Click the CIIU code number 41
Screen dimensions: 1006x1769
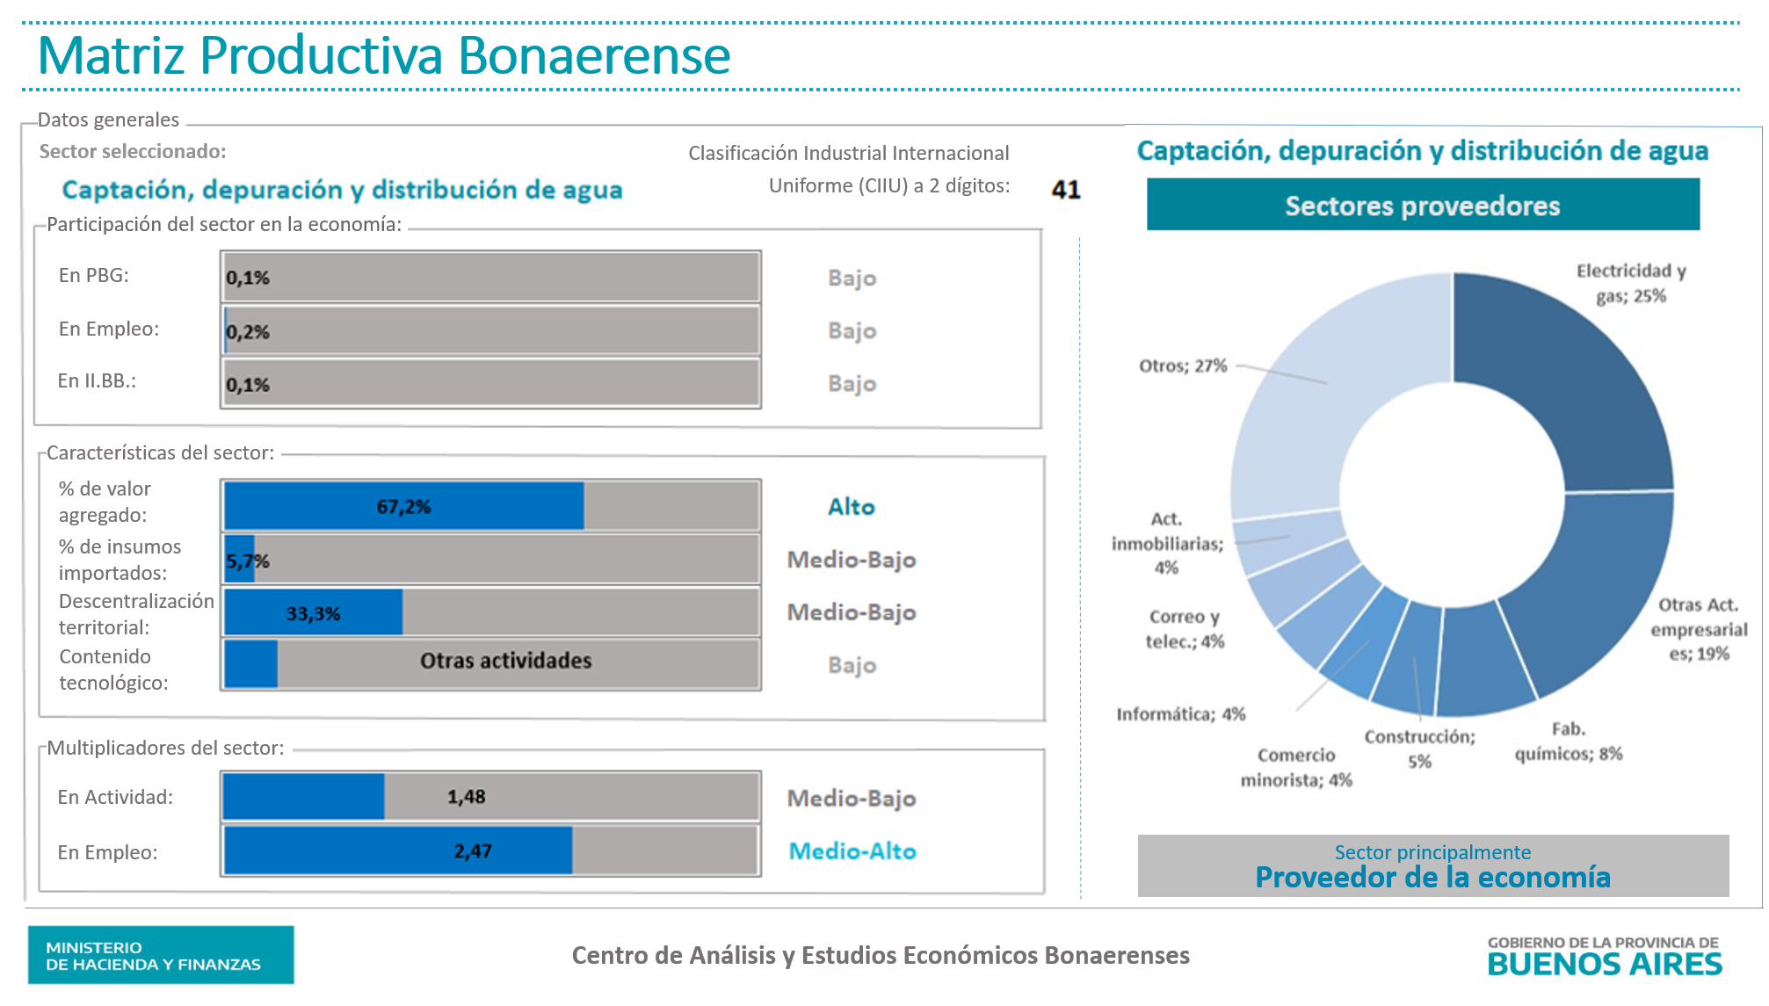[x=1065, y=189]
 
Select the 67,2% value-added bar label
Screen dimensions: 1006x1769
[x=403, y=507]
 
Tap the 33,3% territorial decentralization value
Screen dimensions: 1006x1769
[x=313, y=613]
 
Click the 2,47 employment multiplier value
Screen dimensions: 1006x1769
[x=473, y=850]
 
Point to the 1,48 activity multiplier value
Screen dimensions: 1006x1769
[x=466, y=797]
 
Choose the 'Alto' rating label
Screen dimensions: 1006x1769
[x=851, y=507]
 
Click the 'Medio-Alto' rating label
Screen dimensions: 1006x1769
[x=852, y=850]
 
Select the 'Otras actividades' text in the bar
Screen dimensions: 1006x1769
[x=505, y=661]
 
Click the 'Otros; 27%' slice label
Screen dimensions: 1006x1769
[x=1183, y=365]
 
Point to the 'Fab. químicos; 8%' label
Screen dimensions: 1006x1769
[x=1569, y=742]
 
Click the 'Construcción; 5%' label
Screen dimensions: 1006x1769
[x=1420, y=749]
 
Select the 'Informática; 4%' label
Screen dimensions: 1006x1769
[x=1180, y=714]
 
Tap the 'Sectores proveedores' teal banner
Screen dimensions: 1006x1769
[x=1423, y=206]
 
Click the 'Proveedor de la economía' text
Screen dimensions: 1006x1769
[x=1432, y=877]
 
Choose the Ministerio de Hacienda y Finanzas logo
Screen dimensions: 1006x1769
[x=161, y=955]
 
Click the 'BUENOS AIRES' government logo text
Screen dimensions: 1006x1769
[x=1605, y=964]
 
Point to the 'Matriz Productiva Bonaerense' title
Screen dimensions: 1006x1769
[x=384, y=54]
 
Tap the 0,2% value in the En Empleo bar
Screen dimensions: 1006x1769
[x=248, y=332]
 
